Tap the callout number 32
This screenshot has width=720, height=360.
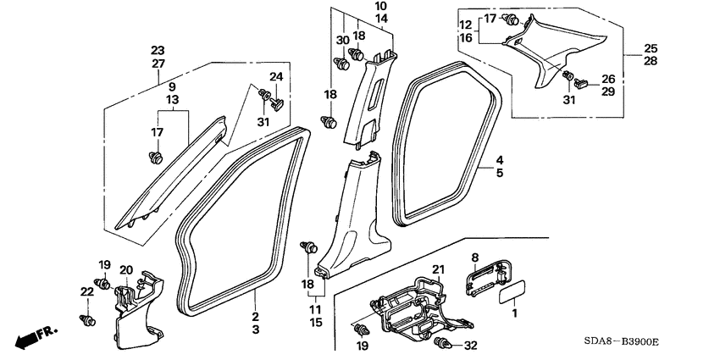click(472, 346)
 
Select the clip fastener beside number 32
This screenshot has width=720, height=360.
click(443, 343)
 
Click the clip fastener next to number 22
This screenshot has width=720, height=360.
click(86, 318)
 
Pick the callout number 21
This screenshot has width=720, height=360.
click(438, 269)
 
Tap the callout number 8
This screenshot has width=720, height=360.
click(475, 256)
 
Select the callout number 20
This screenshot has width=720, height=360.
click(125, 270)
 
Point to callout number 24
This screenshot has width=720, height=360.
click(275, 77)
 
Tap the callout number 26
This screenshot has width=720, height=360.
click(606, 79)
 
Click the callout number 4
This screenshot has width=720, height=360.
click(500, 159)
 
